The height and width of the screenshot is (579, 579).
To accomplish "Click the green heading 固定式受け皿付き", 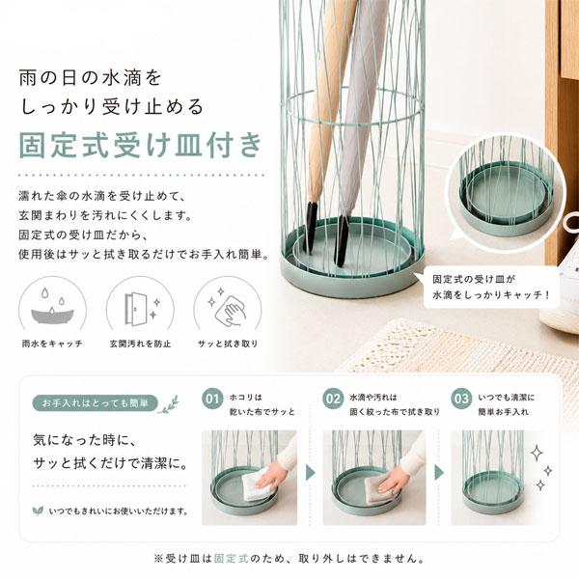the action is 141,145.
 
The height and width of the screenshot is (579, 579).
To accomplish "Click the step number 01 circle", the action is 212,399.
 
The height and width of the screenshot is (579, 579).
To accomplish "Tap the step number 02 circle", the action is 333,399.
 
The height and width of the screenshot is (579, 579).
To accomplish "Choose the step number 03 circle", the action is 461,399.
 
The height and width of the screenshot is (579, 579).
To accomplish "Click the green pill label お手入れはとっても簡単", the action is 96,403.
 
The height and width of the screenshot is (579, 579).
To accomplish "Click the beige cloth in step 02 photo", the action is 378,484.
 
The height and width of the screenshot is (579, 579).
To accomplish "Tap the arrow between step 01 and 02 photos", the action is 311,473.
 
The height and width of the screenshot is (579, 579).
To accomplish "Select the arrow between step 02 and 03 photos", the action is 439,473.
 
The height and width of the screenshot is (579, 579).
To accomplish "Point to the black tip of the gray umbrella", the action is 342,240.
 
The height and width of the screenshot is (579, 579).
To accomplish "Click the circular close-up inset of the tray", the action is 505,193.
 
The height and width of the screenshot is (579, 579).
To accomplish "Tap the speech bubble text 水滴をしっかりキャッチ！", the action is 491,295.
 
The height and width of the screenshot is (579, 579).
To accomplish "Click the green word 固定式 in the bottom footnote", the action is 232,559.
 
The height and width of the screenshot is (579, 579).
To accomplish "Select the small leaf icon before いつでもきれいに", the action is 38,511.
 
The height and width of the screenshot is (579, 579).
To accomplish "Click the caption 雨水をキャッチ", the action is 52,344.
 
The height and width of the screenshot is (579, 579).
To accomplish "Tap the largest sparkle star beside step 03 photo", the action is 537,454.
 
